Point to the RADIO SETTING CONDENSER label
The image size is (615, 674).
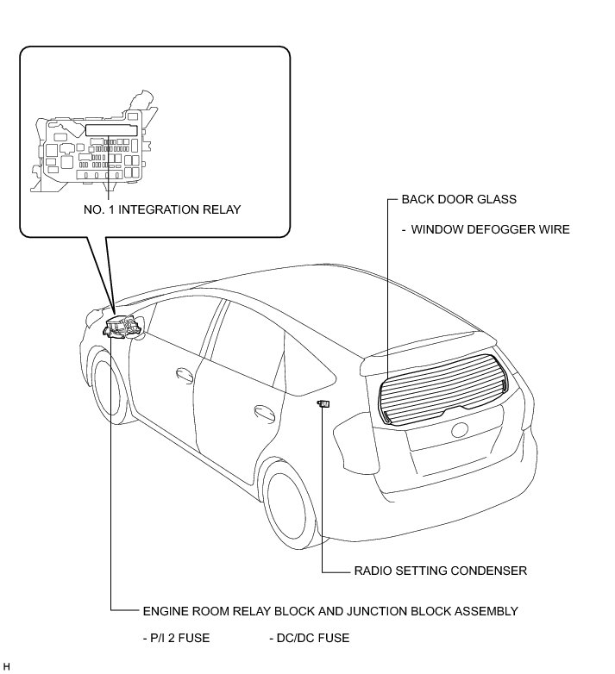coord(440,571)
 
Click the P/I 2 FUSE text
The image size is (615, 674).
coord(176,639)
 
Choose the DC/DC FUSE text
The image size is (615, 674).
coord(309,639)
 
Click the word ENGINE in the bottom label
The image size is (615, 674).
coord(164,611)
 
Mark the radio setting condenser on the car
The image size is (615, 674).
coord(324,403)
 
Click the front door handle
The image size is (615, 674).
coord(183,373)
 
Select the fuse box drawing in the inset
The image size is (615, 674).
coord(88,148)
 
